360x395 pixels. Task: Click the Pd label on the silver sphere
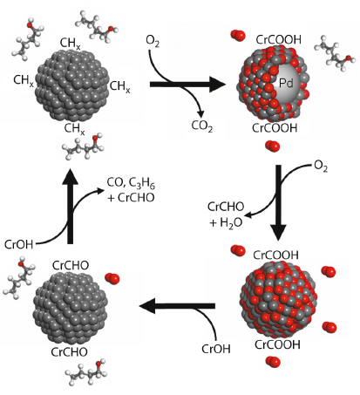pos(286,83)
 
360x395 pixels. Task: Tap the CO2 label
pos(202,126)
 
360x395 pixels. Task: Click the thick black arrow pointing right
pos(187,85)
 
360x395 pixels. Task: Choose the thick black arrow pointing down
pos(278,203)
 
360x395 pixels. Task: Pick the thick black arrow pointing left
pos(177,306)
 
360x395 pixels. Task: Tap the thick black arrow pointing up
pos(70,206)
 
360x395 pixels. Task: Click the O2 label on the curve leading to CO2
pos(153,41)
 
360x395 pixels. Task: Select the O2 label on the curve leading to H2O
pos(321,167)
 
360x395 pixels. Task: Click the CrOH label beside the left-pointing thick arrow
pos(216,349)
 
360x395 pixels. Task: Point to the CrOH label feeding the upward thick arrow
pos(19,244)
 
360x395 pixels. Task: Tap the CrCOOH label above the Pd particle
pos(278,40)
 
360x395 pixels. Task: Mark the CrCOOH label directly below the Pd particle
pos(275,128)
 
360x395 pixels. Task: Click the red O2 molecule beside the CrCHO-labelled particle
pos(112,278)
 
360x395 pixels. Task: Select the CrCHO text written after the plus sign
pos(136,198)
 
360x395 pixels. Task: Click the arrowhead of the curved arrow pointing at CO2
pos(200,114)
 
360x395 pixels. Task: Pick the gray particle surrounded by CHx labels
pos(71,85)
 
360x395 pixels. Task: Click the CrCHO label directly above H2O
pos(226,207)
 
